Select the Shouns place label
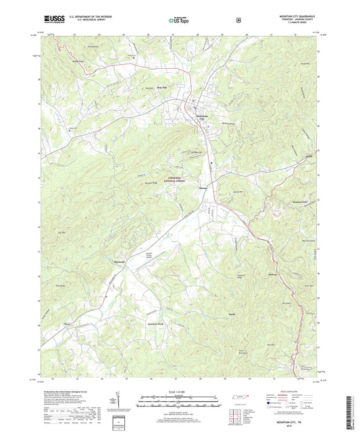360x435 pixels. [x=203, y=188]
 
